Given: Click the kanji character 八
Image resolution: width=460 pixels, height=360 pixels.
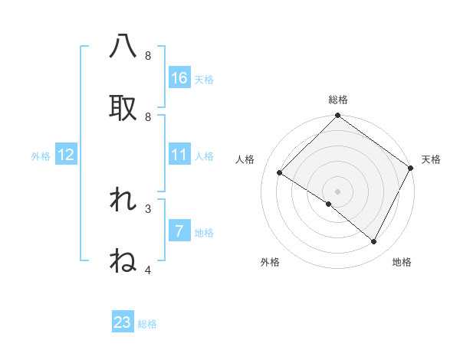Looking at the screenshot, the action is coord(123,47).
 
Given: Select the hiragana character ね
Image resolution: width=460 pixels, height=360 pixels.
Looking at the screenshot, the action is coord(123,261).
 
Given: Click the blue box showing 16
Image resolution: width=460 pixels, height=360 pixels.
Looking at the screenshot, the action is coord(179,78).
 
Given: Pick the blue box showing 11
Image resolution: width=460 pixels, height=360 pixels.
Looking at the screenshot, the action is coord(179,155).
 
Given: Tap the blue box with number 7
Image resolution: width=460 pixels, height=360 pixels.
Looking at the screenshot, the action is coord(179,231).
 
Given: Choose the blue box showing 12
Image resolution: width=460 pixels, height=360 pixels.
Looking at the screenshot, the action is coord(66,155).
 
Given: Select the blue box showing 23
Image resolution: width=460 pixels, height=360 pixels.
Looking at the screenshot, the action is coord(123,322).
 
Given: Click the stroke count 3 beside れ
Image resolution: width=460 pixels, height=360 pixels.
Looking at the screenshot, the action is coord(148,208).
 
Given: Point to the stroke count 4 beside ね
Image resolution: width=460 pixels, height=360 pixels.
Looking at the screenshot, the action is coord(148,270).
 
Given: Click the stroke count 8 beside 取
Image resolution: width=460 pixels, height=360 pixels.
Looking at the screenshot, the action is coord(148,116).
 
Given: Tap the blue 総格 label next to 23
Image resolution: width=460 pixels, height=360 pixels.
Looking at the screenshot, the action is coord(147,324).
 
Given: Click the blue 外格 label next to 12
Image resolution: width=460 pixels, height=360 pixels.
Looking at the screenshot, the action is coord(41,156).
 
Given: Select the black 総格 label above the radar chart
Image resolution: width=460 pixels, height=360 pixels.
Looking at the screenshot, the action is coord(337,100).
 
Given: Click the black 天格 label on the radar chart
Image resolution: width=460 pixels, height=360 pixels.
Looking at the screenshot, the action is coord(431,159).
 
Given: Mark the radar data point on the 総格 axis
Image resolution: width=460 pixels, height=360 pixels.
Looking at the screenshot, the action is coord(337,116).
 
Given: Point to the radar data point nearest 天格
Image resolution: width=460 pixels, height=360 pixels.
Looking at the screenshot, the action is coord(411,168).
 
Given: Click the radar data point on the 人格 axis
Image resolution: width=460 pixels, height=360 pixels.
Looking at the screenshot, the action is coord(280,173).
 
